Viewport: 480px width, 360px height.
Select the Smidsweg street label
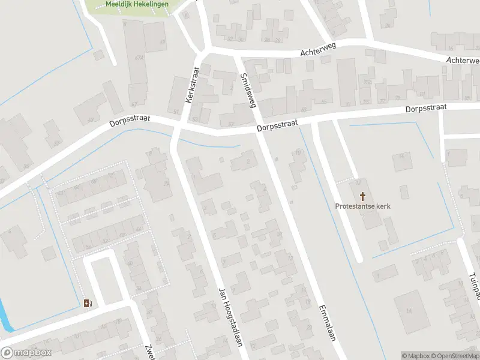click(248, 90)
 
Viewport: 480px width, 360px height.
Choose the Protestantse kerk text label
click(363, 206)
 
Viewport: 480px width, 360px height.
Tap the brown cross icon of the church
click(363, 196)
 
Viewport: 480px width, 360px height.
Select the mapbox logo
click(26, 353)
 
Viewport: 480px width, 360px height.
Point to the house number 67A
click(140, 58)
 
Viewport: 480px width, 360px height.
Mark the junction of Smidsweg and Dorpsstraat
click(259, 130)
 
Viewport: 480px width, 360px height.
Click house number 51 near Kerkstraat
click(176, 112)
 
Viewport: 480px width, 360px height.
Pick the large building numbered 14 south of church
click(410, 310)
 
